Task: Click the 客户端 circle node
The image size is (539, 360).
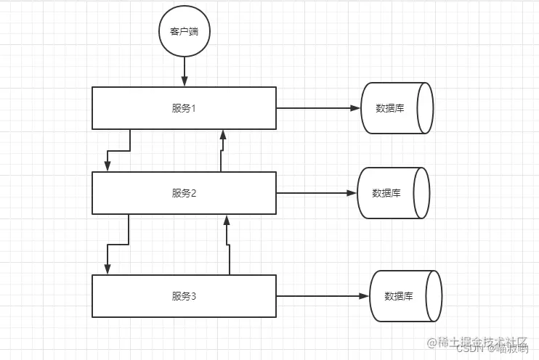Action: point(184,32)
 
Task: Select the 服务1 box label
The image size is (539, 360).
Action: point(184,108)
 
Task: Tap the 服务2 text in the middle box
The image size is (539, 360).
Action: point(184,193)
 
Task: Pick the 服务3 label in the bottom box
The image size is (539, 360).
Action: point(184,296)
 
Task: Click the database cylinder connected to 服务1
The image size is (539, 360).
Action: point(397,108)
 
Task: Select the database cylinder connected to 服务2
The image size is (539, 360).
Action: point(393,193)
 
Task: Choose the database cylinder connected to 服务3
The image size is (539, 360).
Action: point(405,296)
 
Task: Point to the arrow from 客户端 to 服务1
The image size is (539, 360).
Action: point(185,71)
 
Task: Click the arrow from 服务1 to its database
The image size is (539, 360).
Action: point(316,108)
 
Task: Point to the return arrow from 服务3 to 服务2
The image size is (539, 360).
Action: point(227,245)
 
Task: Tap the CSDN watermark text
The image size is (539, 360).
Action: point(471,349)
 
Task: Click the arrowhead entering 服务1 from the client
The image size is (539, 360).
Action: point(185,82)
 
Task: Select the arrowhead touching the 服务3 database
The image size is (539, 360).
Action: point(365,296)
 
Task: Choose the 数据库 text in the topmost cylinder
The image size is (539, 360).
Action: point(390,108)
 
